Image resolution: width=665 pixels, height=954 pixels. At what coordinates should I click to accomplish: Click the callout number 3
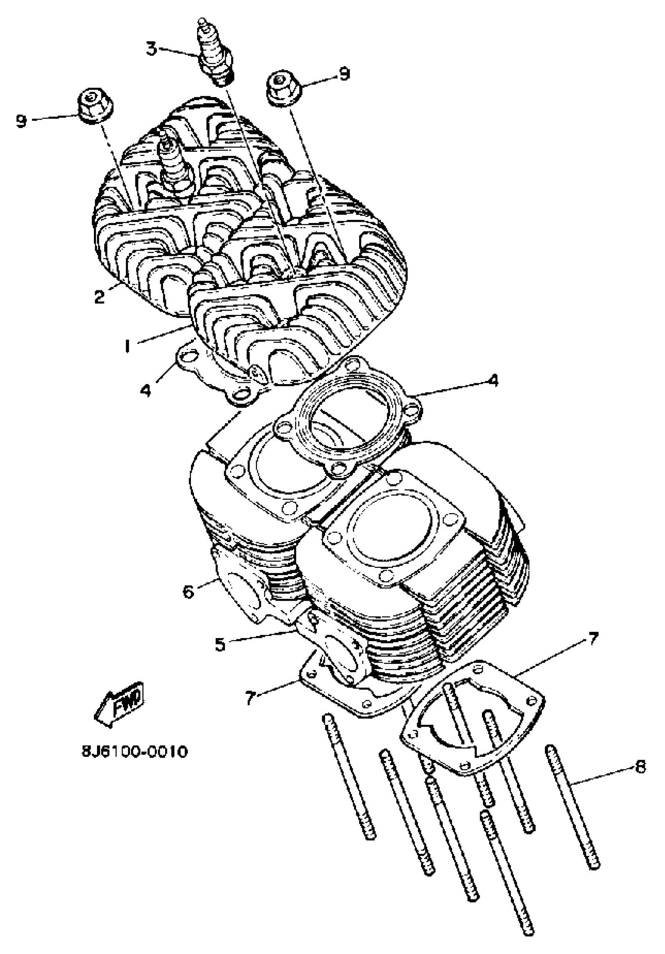151,49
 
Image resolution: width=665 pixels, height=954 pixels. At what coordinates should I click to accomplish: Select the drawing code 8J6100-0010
134,752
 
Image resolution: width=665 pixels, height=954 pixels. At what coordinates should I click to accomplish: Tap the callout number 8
640,767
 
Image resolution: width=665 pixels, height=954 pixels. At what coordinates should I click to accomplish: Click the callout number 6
188,592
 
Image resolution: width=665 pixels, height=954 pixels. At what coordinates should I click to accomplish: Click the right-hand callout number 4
493,381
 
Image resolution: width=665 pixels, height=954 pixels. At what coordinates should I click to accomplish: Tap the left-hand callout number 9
21,121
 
